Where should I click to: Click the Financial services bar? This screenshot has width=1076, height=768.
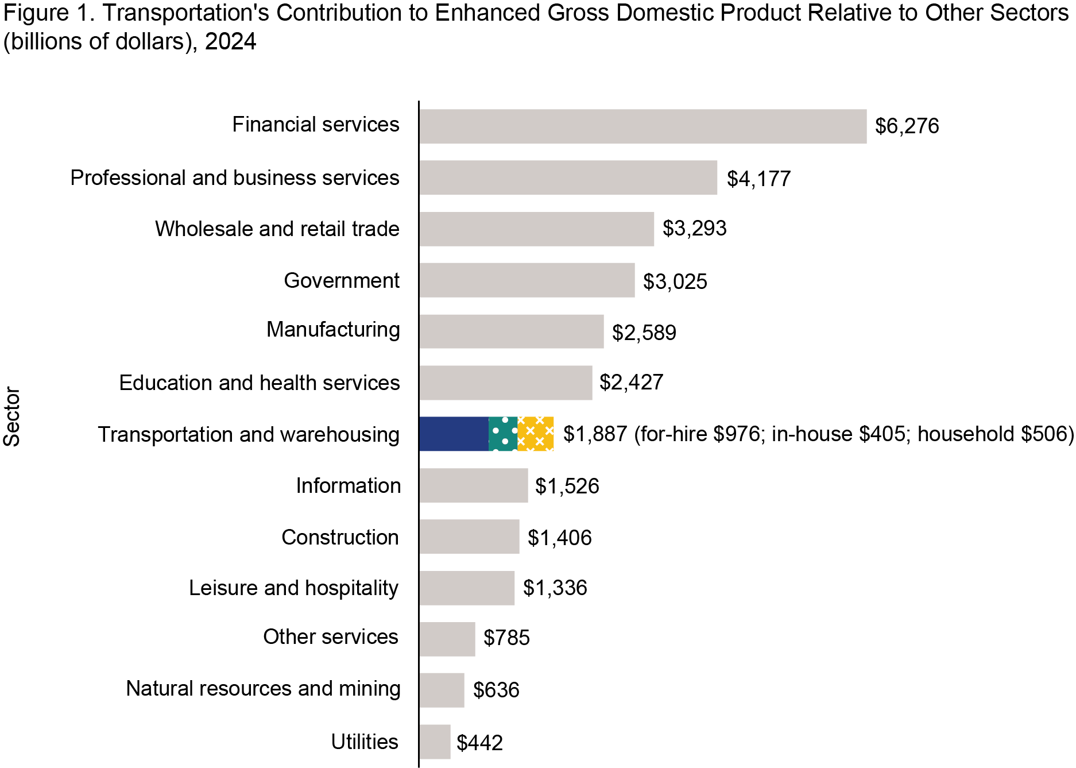(642, 126)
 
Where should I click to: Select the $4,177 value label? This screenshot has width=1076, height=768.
(758, 179)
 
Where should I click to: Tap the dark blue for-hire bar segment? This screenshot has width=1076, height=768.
(454, 434)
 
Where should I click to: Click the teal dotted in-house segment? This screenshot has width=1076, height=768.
(503, 434)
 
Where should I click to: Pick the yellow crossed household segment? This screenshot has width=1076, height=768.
(535, 434)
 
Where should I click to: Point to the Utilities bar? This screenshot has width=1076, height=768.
(435, 742)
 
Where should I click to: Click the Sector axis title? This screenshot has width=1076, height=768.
(12, 416)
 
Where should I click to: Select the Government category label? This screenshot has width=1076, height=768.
(342, 280)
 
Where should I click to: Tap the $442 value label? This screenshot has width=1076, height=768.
(479, 743)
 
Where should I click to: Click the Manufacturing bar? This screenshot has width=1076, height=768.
(511, 331)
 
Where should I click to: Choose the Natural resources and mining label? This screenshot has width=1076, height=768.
(263, 688)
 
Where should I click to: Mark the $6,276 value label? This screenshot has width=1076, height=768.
(907, 126)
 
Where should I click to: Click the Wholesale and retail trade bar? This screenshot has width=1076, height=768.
(536, 229)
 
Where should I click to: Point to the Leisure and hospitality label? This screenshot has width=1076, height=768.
(293, 588)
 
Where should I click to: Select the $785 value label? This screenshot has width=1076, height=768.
(506, 638)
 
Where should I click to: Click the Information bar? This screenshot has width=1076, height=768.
(473, 485)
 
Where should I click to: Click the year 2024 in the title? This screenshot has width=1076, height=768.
(230, 41)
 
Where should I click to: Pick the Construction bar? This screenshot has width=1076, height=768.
(469, 537)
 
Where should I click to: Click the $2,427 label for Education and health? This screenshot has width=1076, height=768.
(631, 382)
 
